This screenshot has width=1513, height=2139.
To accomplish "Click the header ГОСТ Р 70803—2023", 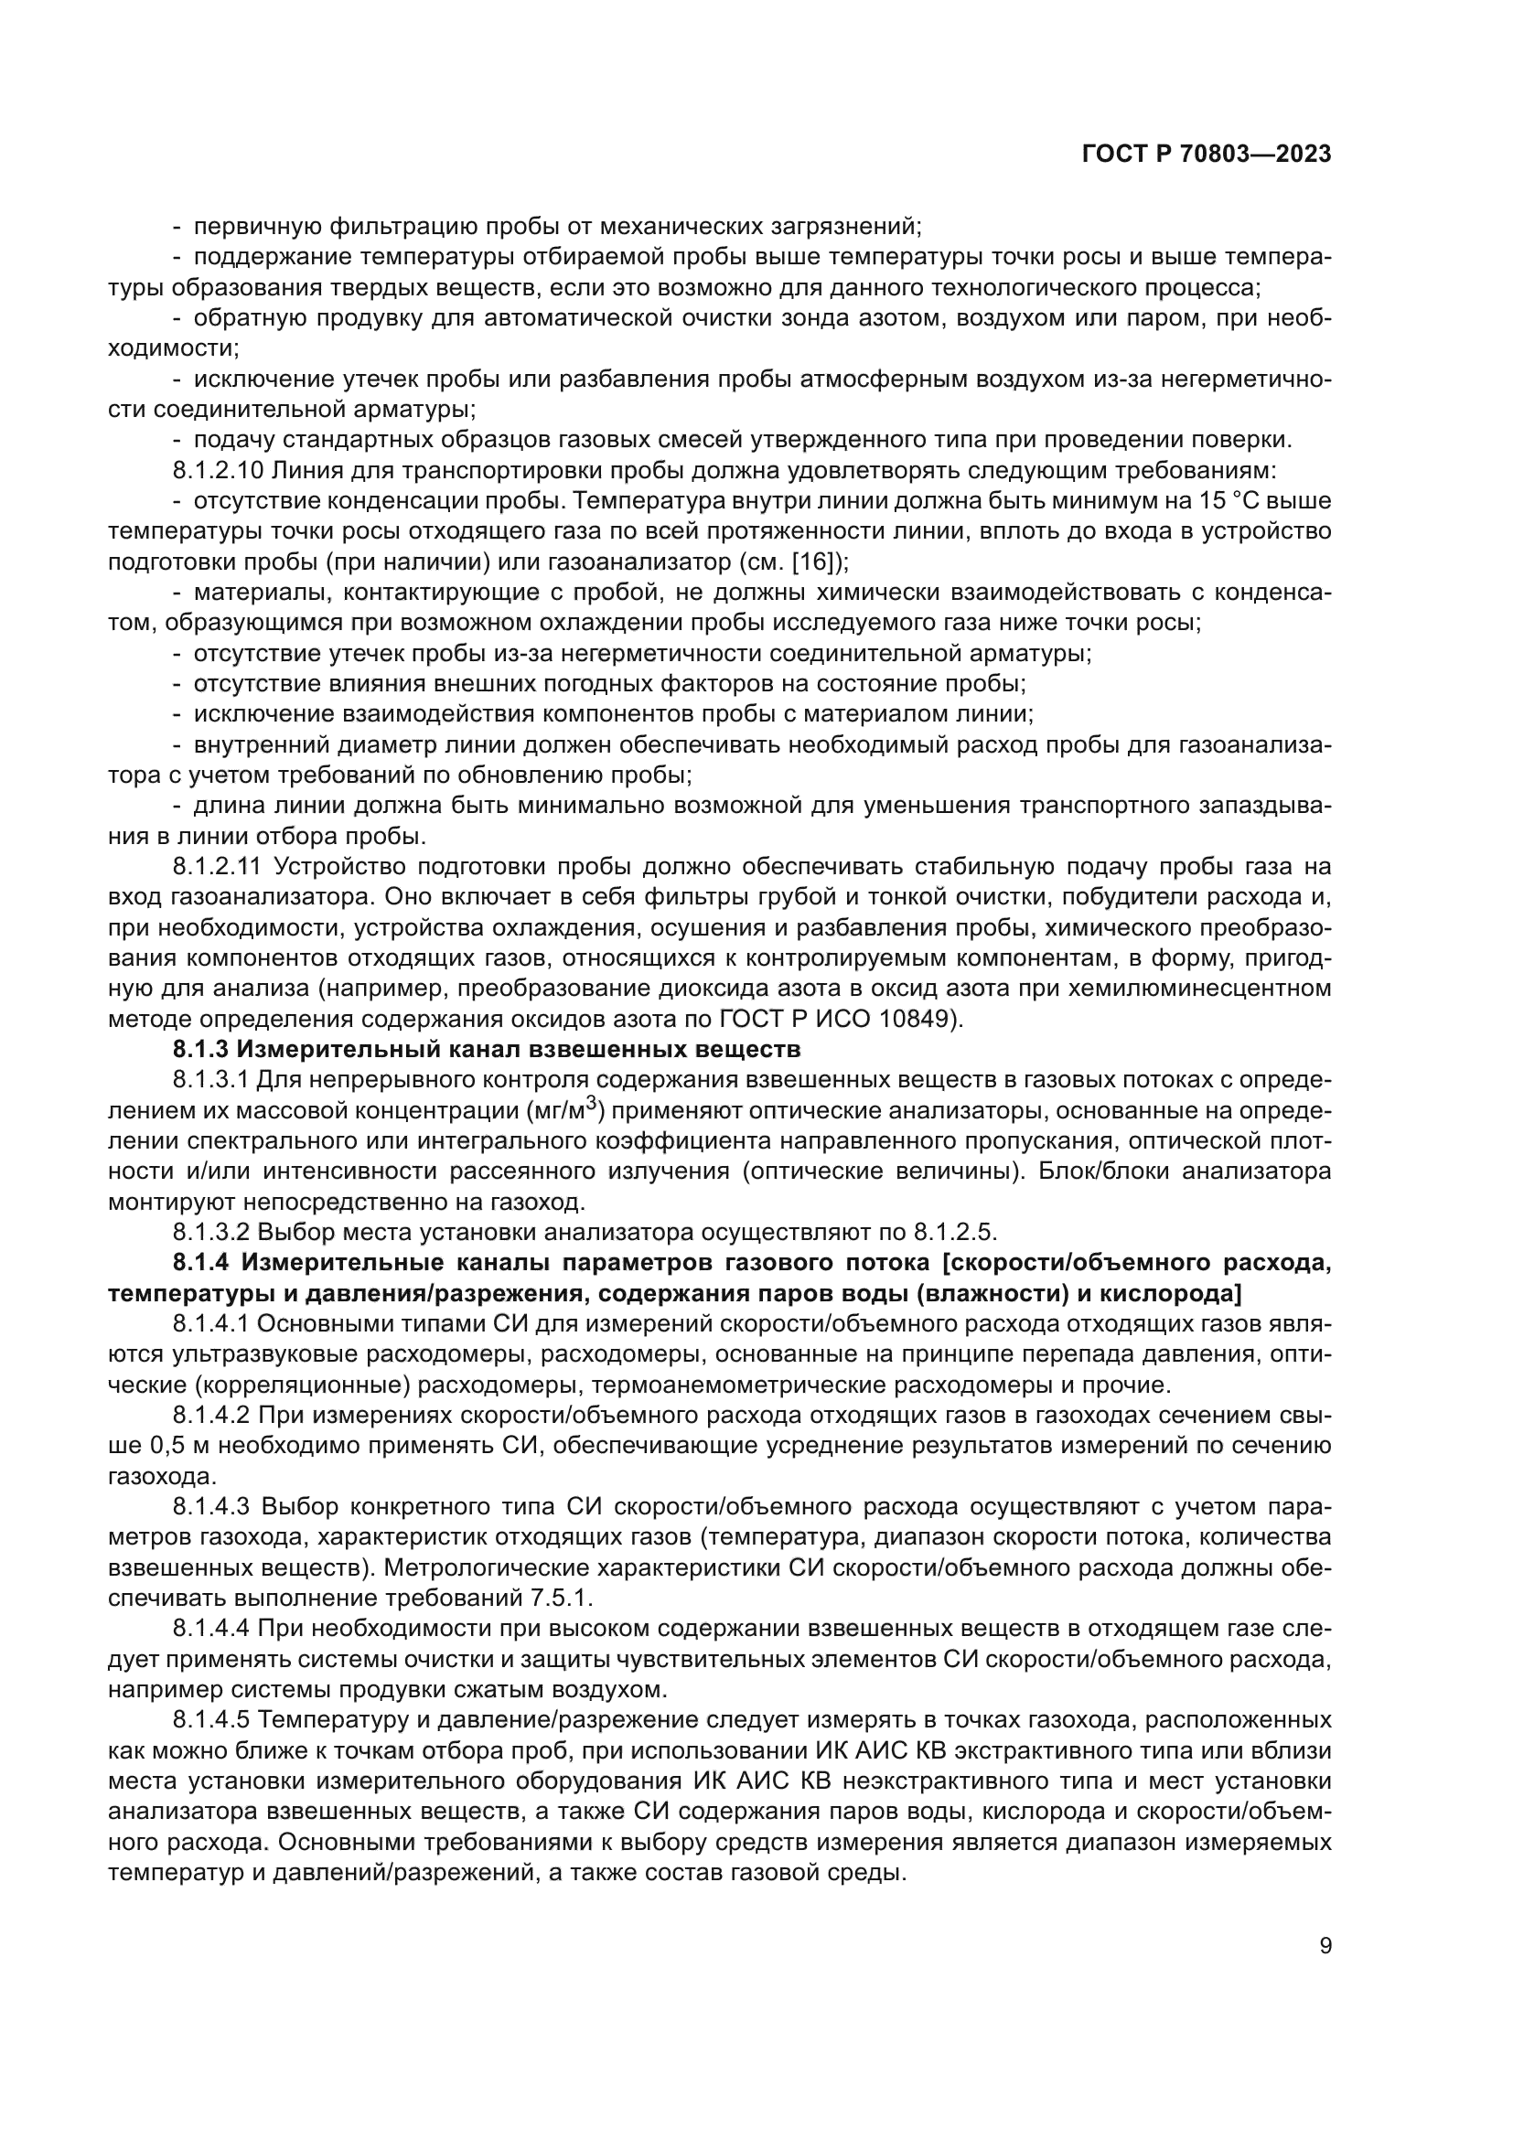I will tap(1206, 155).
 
